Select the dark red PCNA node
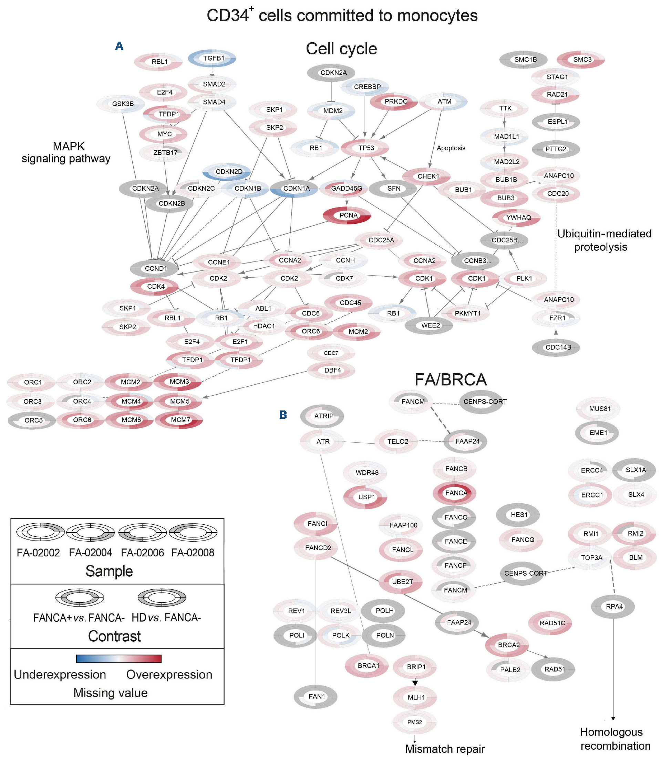click(x=347, y=215)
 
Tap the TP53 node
click(x=365, y=148)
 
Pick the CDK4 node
click(x=155, y=287)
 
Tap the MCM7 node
click(x=179, y=420)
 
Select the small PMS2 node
click(x=415, y=722)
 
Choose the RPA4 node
click(x=613, y=607)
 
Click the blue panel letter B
click(x=283, y=415)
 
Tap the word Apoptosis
click(x=451, y=148)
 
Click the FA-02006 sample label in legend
click(x=142, y=553)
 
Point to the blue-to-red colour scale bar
click(x=118, y=659)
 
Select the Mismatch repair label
click(x=444, y=749)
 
